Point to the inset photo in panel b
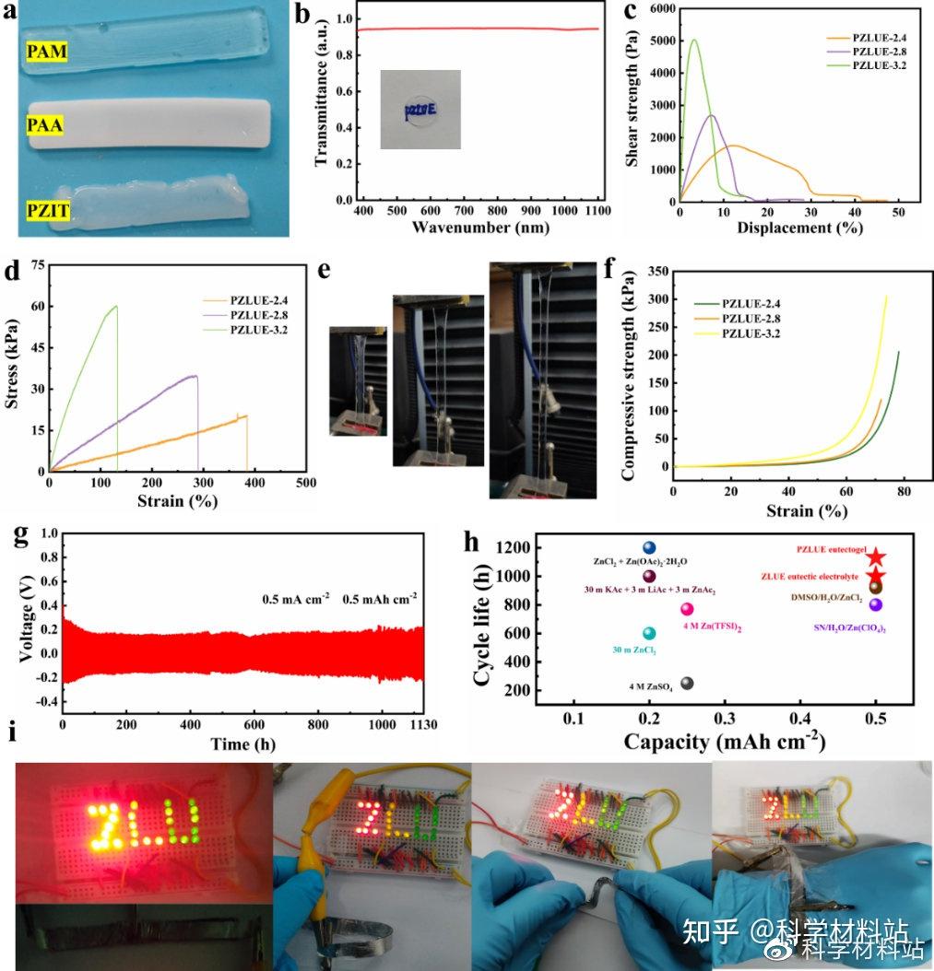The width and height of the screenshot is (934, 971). coord(420,109)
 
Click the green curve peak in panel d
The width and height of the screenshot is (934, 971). coord(116,307)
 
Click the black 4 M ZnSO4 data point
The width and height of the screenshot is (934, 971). coord(686,684)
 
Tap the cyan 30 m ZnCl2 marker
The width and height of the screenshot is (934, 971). coord(649,633)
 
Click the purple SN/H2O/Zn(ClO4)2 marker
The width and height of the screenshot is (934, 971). coord(875,604)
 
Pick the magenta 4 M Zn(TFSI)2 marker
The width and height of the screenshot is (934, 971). coord(686,609)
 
